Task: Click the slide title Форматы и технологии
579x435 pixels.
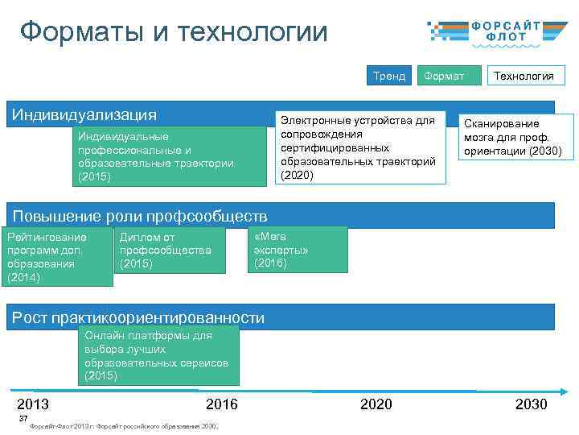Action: [x=174, y=33]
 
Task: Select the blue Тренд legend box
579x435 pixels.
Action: [x=389, y=76]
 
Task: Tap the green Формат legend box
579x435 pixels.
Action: [x=444, y=76]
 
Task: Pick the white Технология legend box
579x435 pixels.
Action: [x=524, y=76]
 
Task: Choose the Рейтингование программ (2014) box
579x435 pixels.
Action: [x=56, y=257]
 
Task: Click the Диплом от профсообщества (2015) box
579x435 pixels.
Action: [x=170, y=250]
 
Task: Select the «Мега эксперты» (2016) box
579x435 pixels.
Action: [x=298, y=250]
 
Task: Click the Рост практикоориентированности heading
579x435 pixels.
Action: [x=138, y=317]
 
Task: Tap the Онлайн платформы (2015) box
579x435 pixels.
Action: [x=158, y=355]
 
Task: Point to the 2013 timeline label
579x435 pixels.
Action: [x=33, y=404]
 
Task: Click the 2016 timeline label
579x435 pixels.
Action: [x=222, y=404]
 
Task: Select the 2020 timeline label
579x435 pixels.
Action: [x=376, y=404]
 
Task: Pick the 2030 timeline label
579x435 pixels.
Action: [x=531, y=404]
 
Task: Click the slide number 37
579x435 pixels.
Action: [x=23, y=418]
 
